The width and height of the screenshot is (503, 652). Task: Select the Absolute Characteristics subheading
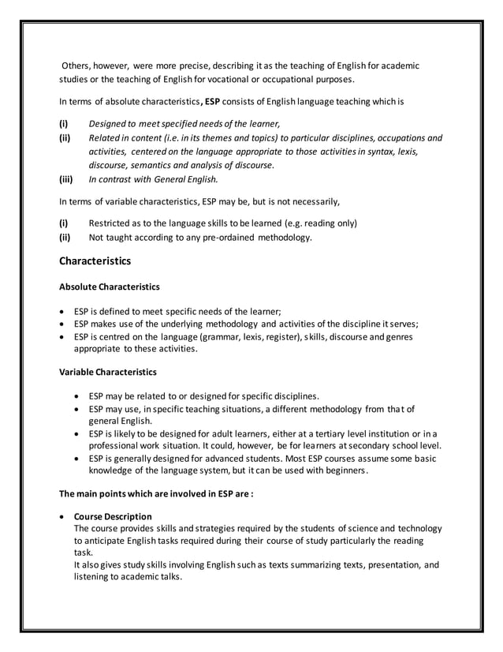tap(110, 287)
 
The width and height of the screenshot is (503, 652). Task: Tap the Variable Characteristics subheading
tap(108, 372)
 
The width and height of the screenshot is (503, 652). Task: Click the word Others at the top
tap(79, 66)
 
